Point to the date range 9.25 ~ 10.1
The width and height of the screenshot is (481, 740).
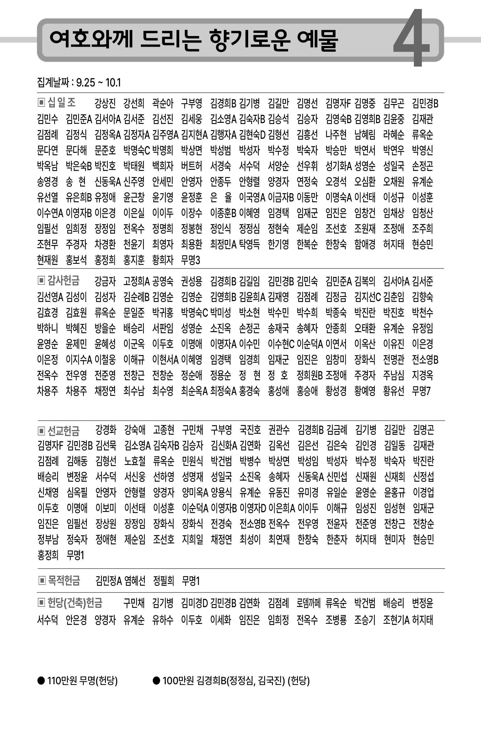[98, 83]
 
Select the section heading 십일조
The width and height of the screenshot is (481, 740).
[61, 102]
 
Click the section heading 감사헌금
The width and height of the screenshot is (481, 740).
[63, 280]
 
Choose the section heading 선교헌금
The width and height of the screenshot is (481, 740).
[64, 431]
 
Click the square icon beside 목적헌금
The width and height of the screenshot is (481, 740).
[42, 581]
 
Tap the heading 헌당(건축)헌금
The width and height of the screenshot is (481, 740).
[75, 602]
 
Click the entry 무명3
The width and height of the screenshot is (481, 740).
[191, 260]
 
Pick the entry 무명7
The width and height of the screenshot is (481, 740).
[421, 391]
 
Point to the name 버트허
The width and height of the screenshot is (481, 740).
[191, 166]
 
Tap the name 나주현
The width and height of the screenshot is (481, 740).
[336, 135]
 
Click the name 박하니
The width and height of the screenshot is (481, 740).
[48, 328]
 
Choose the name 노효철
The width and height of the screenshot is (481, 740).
[135, 461]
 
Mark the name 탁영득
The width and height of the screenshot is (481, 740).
[249, 244]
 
